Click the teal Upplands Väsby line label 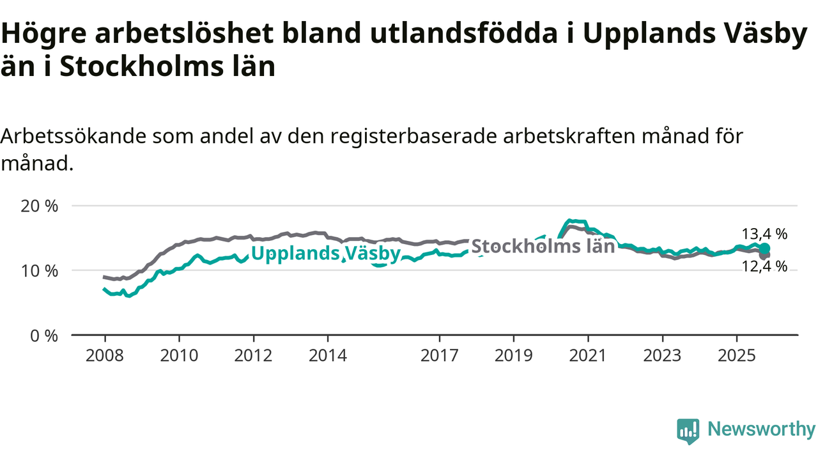click(x=325, y=254)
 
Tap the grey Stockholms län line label click(x=543, y=247)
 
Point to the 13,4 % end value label click(x=764, y=234)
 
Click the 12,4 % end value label click(x=764, y=266)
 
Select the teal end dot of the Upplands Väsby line click(x=765, y=248)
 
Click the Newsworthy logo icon click(x=688, y=431)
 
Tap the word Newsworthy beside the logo click(x=761, y=429)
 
